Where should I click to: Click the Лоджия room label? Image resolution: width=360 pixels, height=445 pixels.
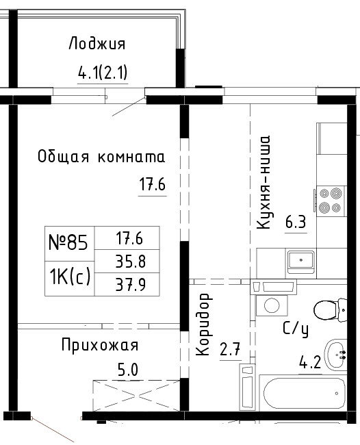tap(97, 44)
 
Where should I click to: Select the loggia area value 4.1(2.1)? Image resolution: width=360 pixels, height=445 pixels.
tap(103, 73)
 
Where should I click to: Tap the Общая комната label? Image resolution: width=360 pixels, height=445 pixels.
tap(101, 156)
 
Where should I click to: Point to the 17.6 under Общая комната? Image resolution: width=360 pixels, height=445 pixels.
tap(153, 183)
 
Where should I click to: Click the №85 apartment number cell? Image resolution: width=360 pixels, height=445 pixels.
tap(69, 243)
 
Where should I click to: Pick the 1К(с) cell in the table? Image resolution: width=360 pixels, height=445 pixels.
tap(70, 277)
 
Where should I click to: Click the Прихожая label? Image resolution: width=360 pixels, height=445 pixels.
tap(100, 346)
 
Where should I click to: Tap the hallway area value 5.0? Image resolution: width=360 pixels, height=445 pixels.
tap(128, 370)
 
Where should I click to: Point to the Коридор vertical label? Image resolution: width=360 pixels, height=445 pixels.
tap(204, 325)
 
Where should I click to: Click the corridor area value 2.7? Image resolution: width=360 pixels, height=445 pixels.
tap(231, 349)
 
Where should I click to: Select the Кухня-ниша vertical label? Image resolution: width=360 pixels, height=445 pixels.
tap(263, 183)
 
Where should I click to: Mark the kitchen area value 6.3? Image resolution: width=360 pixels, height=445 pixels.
tap(296, 222)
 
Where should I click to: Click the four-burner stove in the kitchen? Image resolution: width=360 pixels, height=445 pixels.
tap(330, 201)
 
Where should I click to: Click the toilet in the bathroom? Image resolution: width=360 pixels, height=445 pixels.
tap(330, 309)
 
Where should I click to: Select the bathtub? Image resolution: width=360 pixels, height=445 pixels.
tap(303, 393)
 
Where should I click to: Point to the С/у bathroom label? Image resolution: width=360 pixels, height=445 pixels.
tap(296, 329)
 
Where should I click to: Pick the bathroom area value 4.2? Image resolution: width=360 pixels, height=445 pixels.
tap(310, 362)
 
